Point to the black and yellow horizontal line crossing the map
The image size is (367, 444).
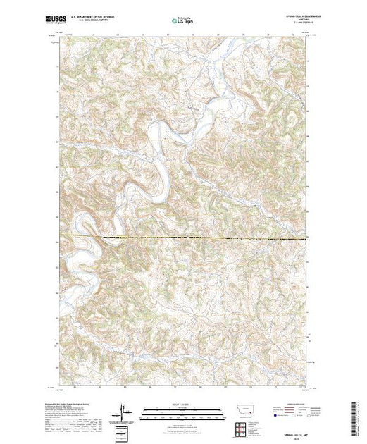183,235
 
